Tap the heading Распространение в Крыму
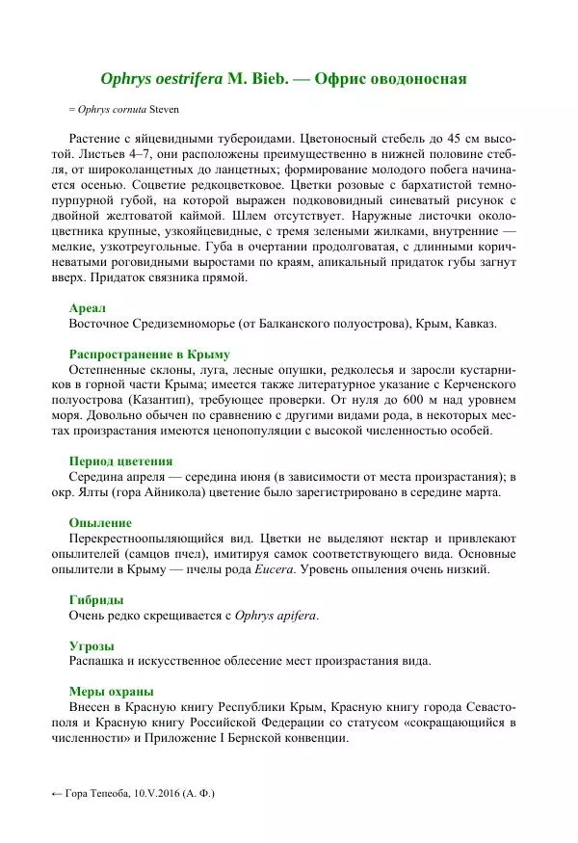(x=148, y=354)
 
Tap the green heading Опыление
(x=100, y=521)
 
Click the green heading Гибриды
(x=96, y=598)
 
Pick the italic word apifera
(x=295, y=615)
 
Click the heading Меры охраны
(x=112, y=691)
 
